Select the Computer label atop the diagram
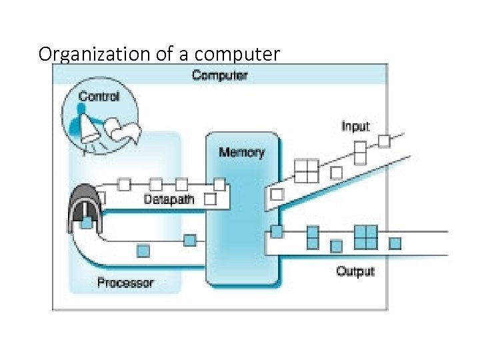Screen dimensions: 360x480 pos(219,75)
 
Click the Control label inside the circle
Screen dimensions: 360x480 pos(99,96)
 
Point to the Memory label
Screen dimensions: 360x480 pos(241,153)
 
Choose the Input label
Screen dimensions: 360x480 pos(355,126)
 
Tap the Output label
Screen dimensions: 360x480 pos(355,271)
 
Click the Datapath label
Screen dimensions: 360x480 pos(169,199)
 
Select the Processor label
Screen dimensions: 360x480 pos(125,283)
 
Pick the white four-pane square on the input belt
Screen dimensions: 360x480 pos(307,171)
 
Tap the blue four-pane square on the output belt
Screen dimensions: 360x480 pos(366,237)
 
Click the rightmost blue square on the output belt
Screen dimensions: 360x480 pos(395,243)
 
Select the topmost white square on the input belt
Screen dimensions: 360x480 pos(384,141)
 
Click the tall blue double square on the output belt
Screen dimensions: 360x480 pos(313,237)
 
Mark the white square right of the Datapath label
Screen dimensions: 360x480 pos(210,199)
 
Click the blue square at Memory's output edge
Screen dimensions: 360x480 pos(277,231)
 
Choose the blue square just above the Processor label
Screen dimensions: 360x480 pos(143,251)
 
